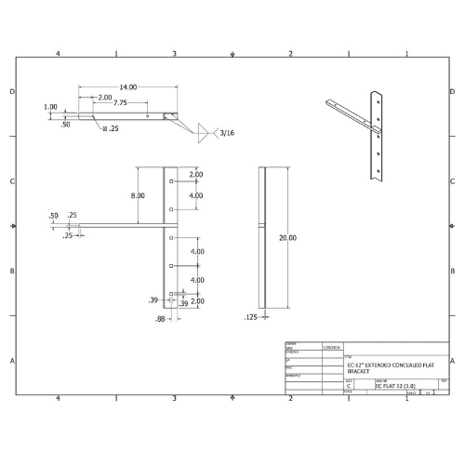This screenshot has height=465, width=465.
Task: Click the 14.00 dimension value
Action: tap(128, 86)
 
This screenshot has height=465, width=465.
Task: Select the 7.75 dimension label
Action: tap(121, 103)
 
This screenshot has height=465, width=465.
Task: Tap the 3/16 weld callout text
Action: tap(227, 133)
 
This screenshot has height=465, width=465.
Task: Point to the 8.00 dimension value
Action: tap(138, 195)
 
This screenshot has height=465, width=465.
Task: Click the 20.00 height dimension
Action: tap(288, 238)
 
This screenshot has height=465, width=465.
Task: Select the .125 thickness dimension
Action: tap(250, 318)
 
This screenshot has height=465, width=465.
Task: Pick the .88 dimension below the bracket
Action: tap(160, 319)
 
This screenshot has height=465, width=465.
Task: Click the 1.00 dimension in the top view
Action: tap(50, 107)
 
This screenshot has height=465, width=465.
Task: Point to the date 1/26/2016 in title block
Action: tap(330, 346)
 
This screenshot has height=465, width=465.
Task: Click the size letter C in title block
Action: tap(349, 385)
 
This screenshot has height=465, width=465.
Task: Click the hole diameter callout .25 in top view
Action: tap(112, 128)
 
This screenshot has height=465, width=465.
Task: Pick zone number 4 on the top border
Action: tap(59, 54)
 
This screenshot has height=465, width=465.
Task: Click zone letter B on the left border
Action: tap(11, 271)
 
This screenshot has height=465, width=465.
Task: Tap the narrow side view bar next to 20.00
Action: tap(263, 237)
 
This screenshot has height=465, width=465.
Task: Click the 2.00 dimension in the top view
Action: tap(104, 97)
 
